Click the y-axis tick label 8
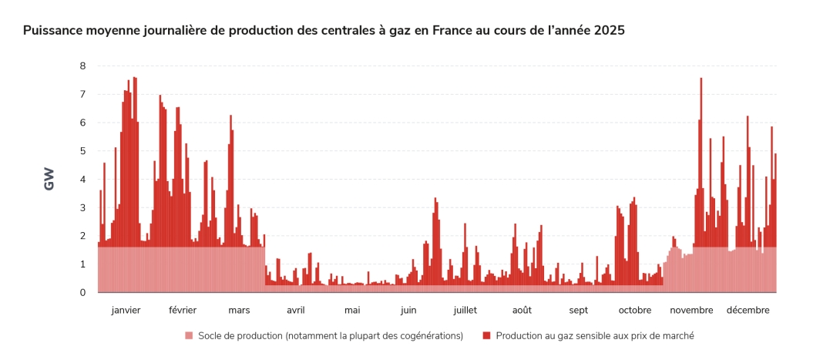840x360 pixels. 82,66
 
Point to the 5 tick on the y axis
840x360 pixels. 82,151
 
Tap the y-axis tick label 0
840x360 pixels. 82,293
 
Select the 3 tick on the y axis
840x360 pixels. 82,208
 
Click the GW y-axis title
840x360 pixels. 49,180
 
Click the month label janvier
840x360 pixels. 126,310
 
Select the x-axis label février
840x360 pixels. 183,310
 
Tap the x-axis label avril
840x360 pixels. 295,310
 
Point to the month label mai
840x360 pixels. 352,310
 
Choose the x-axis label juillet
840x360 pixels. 465,310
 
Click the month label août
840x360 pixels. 522,310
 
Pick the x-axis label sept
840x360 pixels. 579,310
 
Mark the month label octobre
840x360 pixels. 635,310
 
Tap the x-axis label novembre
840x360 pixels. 691,310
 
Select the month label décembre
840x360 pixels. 748,310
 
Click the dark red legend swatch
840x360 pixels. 486,336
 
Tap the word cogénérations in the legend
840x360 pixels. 428,336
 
